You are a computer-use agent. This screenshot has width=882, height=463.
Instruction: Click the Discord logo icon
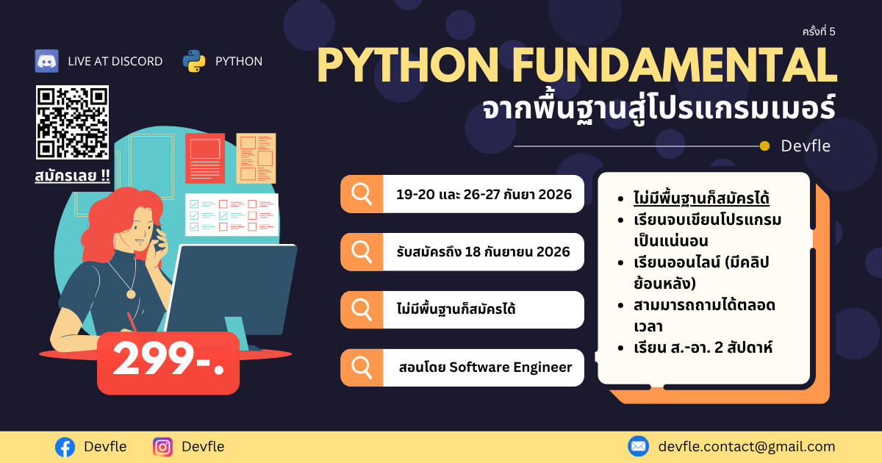click(x=46, y=61)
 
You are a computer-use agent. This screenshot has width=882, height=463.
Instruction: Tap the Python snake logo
click(x=194, y=61)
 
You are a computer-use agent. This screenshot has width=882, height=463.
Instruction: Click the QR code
click(x=73, y=123)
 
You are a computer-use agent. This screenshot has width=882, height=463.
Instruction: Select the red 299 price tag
click(x=168, y=363)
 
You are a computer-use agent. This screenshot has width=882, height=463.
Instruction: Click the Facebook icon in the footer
click(x=65, y=448)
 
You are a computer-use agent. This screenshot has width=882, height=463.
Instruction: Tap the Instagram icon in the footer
click(x=162, y=448)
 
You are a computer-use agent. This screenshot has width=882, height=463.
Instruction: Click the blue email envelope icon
click(x=638, y=447)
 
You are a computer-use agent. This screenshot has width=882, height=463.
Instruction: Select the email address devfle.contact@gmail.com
click(x=747, y=447)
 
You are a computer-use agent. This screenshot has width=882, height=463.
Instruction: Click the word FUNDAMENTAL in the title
click(x=675, y=65)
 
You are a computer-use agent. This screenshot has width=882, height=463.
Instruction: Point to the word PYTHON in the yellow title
click(x=408, y=65)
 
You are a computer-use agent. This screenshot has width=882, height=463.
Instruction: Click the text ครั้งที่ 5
click(x=819, y=31)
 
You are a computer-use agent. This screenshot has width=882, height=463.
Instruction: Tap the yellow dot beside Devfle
click(x=764, y=146)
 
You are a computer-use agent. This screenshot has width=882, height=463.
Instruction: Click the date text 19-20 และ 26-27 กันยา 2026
click(x=484, y=194)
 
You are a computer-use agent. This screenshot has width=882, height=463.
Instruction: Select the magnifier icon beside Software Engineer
click(x=362, y=367)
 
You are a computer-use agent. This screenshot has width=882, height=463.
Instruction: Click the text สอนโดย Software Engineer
click(x=485, y=367)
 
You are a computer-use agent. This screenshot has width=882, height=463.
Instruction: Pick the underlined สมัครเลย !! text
click(x=73, y=176)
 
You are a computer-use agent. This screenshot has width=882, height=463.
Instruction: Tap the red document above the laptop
click(x=205, y=158)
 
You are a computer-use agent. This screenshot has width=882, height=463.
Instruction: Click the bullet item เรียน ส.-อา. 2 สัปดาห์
click(x=703, y=348)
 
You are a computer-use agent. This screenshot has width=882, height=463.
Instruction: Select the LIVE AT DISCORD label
click(x=115, y=62)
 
